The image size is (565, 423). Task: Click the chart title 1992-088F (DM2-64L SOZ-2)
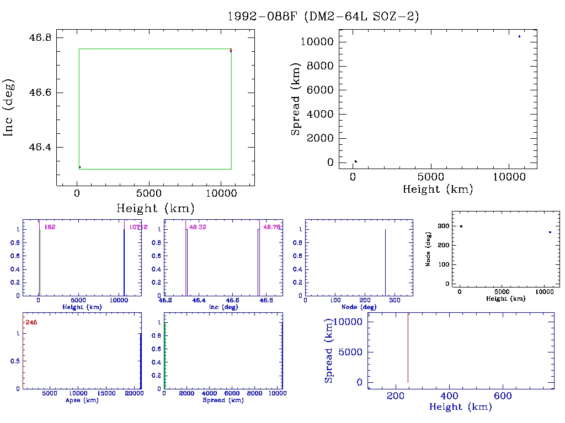pyautogui.click(x=323, y=17)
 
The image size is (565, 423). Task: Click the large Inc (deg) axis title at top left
pyautogui.click(x=9, y=107)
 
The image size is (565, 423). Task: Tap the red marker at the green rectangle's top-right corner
pyautogui.click(x=231, y=51)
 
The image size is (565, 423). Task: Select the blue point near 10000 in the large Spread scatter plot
pyautogui.click(x=519, y=36)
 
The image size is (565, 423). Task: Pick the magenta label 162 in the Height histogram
pyautogui.click(x=50, y=227)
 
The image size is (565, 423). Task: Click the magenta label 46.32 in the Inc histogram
pyautogui.click(x=198, y=227)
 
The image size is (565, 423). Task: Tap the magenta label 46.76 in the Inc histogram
pyautogui.click(x=272, y=227)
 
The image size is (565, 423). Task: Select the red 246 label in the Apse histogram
pyautogui.click(x=31, y=322)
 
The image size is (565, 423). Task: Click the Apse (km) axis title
pyautogui.click(x=82, y=400)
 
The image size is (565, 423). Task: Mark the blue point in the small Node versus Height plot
pyautogui.click(x=550, y=232)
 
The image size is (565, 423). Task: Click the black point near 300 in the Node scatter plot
pyautogui.click(x=461, y=226)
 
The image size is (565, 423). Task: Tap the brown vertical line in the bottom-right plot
pyautogui.click(x=408, y=347)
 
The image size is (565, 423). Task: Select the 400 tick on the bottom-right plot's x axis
pyautogui.click(x=450, y=396)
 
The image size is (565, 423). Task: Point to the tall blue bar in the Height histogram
pyautogui.click(x=124, y=262)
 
